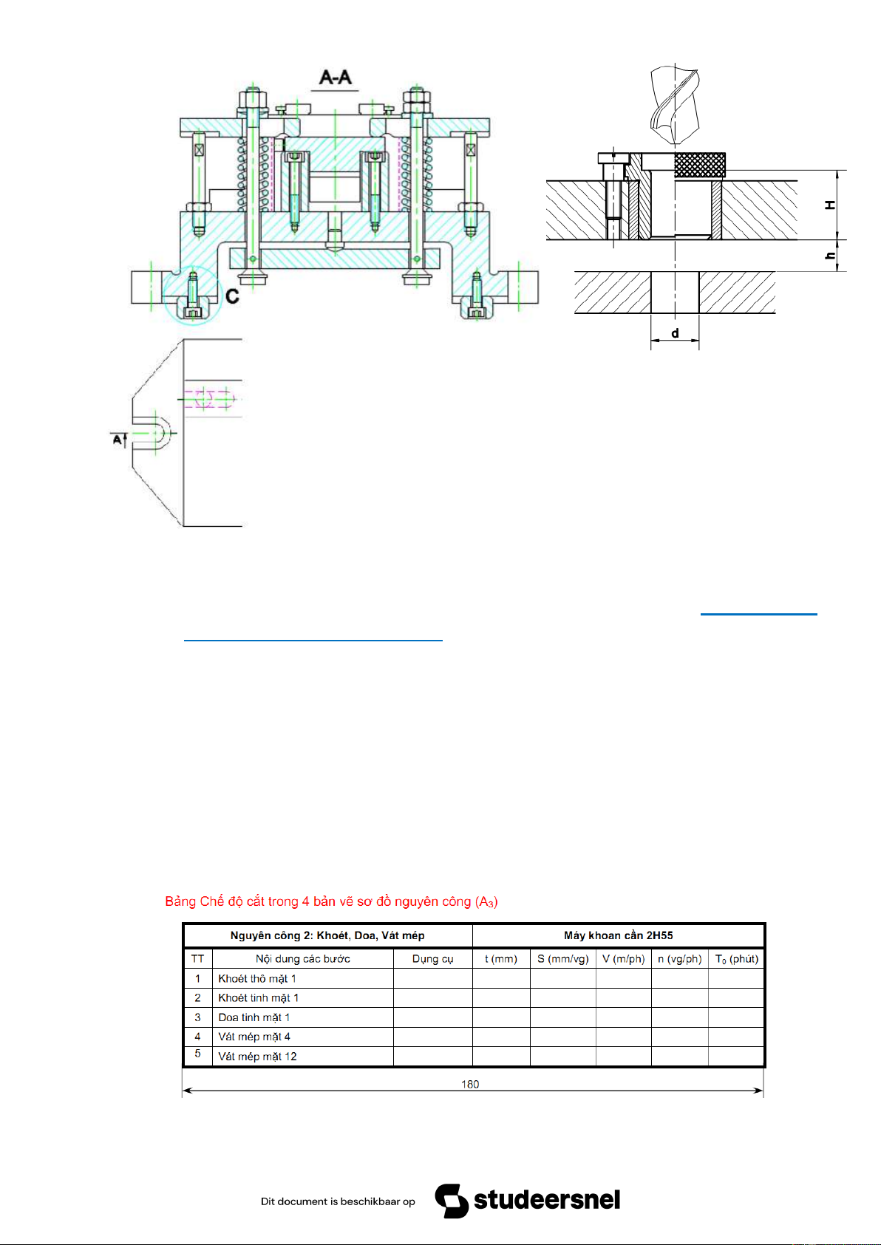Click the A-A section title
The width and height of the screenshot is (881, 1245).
click(x=335, y=77)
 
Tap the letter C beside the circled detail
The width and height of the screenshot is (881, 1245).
click(x=232, y=296)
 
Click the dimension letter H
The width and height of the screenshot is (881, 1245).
click(x=831, y=205)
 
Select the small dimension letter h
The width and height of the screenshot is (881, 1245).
click(x=831, y=256)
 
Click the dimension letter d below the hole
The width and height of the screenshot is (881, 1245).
click(x=675, y=333)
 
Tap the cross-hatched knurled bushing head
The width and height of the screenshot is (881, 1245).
click(x=700, y=165)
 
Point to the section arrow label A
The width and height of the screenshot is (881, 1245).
click(x=117, y=440)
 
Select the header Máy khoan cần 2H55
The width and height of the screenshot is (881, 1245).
click(x=618, y=935)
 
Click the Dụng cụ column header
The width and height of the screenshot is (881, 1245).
click(x=432, y=959)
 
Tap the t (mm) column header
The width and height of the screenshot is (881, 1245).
click(x=501, y=959)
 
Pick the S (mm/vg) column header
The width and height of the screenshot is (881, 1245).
click(x=562, y=959)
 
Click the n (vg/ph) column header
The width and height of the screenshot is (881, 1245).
click(x=679, y=959)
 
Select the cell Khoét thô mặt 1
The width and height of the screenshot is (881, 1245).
click(x=256, y=978)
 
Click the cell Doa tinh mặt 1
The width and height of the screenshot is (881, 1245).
click(x=254, y=1017)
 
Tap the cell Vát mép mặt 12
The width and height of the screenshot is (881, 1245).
click(x=257, y=1056)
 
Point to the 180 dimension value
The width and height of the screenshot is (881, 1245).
click(x=469, y=1084)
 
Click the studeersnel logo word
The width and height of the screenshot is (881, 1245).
click(x=546, y=1199)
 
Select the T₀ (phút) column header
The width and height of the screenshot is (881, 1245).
click(x=736, y=959)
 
